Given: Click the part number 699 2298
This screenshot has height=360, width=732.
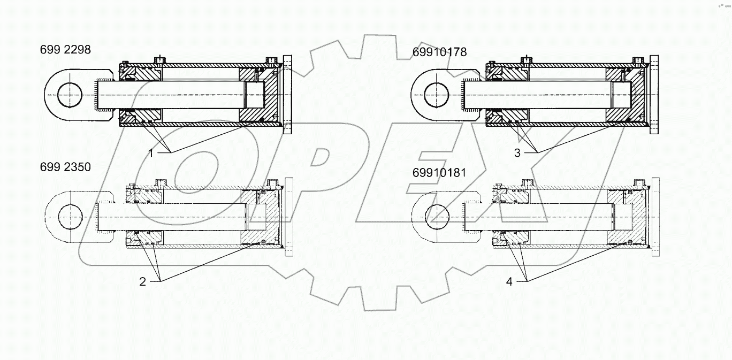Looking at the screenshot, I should (x=65, y=50).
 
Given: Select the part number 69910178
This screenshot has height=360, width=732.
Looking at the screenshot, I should (x=439, y=52).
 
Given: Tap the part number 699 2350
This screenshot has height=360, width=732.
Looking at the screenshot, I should (x=65, y=167).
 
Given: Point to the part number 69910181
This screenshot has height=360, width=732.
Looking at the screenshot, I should (x=439, y=173).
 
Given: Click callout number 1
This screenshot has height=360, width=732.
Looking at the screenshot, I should (x=151, y=153).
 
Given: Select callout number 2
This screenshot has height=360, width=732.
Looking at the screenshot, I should (x=142, y=282).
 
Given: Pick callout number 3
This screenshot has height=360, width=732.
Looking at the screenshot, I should (x=517, y=153).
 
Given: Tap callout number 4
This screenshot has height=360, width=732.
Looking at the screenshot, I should (x=509, y=282).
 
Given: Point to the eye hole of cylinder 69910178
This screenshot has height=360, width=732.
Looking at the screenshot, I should (x=436, y=95).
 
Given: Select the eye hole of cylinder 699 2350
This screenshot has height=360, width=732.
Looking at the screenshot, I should (x=71, y=218).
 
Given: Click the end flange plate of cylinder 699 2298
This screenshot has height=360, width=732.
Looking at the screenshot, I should (x=287, y=95).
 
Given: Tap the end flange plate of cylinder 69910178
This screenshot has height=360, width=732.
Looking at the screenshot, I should (x=654, y=95).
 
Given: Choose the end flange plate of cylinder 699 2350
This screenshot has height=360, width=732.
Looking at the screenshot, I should (x=289, y=217).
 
